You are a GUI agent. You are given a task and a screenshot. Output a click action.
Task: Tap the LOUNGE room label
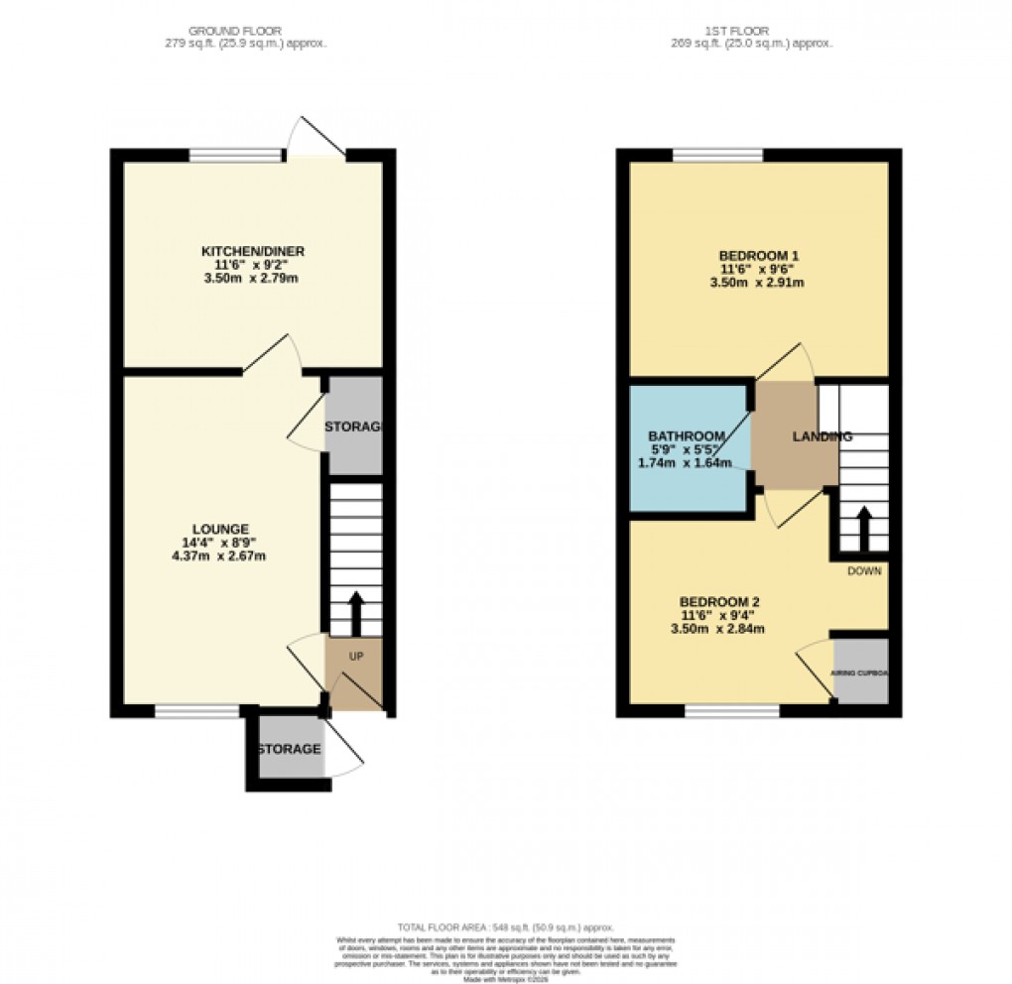click(x=222, y=528)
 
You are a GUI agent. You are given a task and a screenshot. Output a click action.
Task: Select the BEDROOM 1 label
click(x=759, y=256)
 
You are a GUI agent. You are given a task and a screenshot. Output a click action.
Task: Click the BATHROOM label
click(x=687, y=436)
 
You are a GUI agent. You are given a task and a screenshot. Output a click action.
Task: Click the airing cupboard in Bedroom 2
click(x=859, y=673)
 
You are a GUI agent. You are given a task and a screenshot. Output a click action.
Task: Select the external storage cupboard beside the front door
click(x=289, y=749)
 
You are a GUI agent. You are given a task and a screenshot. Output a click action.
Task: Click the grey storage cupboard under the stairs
click(x=354, y=427)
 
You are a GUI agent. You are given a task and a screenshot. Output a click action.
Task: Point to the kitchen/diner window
click(x=235, y=155)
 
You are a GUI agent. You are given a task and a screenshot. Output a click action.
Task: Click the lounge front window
click(x=197, y=710)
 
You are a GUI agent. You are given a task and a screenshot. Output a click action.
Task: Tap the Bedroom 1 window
click(x=717, y=155)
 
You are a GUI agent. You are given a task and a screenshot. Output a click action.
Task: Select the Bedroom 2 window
click(x=732, y=710)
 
